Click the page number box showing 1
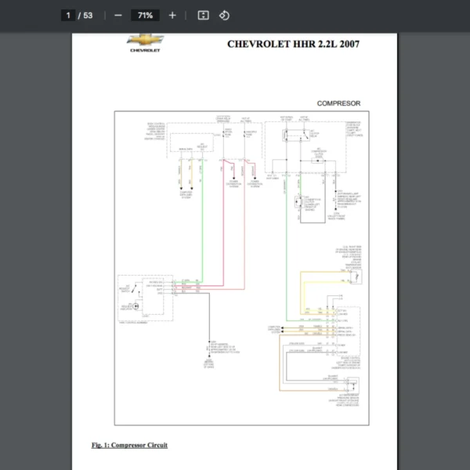pos(68,15)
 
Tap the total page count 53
pos(88,15)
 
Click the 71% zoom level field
pos(145,15)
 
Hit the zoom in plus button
pos(172,15)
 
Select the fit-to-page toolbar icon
pos(203,15)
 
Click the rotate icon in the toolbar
pos(224,15)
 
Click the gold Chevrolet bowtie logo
pos(145,39)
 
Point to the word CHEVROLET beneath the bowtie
pos(145,50)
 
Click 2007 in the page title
pos(349,44)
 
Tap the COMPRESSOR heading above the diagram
pos(338,103)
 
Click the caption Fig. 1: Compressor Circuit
pos(129,445)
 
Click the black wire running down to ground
pos(208,321)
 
